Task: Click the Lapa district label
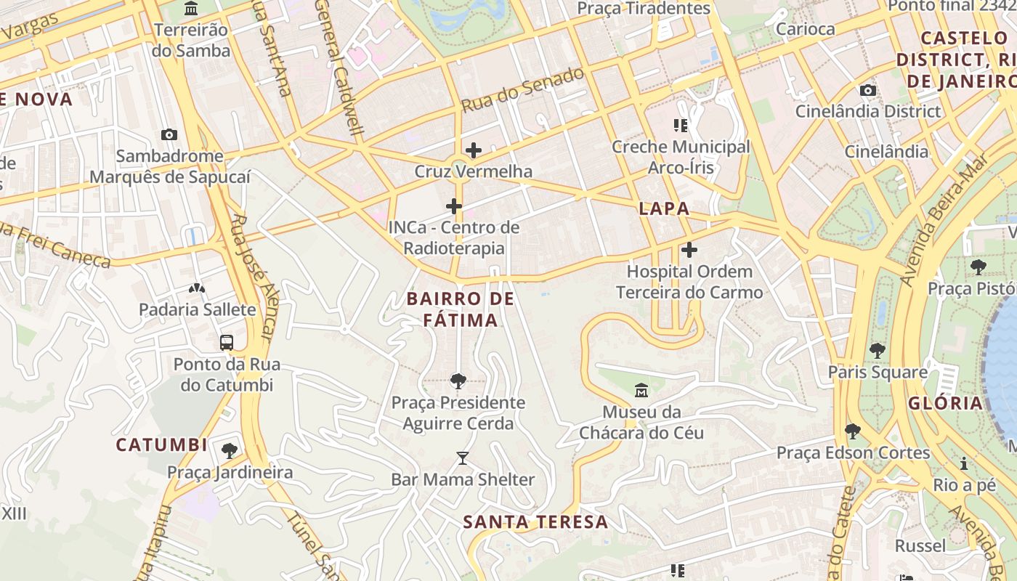tap(664, 208)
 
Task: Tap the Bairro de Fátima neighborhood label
tap(461, 309)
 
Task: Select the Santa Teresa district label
tap(535, 521)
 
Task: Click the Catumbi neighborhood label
tap(161, 444)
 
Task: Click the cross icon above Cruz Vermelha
tap(474, 150)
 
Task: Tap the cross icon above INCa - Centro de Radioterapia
tap(454, 206)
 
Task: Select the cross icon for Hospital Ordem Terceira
tap(689, 251)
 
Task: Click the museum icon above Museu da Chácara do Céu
tap(641, 391)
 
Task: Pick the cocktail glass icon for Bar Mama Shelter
tap(463, 458)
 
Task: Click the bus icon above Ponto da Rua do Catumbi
tap(227, 342)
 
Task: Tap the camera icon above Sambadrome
tap(169, 134)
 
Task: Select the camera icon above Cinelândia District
tap(867, 90)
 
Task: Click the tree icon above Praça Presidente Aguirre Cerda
tap(458, 380)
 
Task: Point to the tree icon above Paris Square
tap(878, 350)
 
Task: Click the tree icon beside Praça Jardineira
tap(230, 451)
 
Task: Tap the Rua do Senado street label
tap(522, 90)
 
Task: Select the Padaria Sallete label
tap(198, 309)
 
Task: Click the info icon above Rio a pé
tap(964, 463)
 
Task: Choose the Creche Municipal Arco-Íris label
tap(681, 157)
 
